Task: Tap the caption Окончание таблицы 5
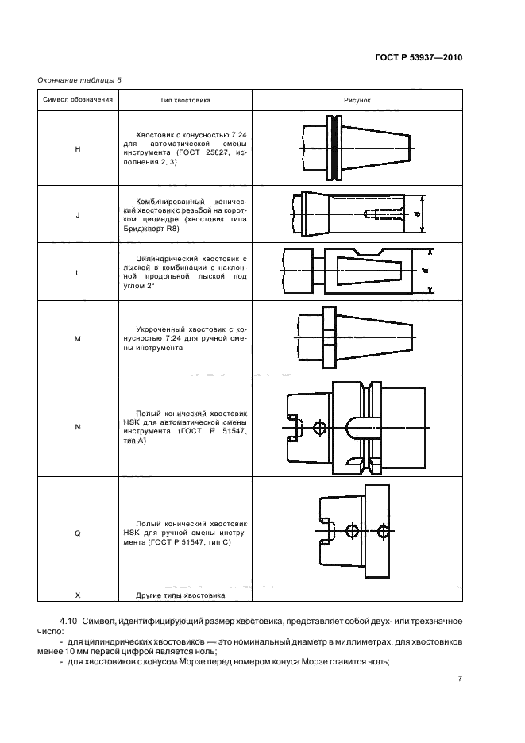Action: point(79,80)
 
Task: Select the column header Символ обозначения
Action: point(77,100)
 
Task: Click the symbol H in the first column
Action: point(77,148)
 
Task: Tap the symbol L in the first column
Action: point(77,272)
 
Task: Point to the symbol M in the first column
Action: point(77,339)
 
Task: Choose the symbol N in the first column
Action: point(77,427)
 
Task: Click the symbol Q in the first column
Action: point(77,533)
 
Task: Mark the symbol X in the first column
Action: point(77,595)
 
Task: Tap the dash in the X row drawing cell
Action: point(357,594)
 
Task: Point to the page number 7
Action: point(460,679)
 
